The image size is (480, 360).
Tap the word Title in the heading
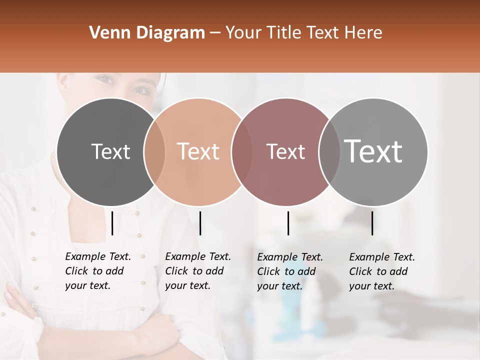click(283, 33)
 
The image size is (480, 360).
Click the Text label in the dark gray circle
click(111, 151)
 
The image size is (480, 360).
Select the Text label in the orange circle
click(198, 151)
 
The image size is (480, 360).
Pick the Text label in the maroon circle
click(285, 151)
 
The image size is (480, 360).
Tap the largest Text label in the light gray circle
click(373, 151)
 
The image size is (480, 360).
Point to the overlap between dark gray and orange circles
click(154, 151)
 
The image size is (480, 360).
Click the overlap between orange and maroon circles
click(241, 151)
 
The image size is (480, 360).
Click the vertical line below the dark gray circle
click(112, 223)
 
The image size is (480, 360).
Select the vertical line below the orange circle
click(200, 223)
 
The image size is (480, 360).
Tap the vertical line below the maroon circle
click(288, 223)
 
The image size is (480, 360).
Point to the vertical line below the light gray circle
click(372, 223)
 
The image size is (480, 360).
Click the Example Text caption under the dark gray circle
click(98, 271)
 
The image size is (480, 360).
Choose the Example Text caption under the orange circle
click(198, 271)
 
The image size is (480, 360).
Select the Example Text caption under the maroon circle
click(290, 271)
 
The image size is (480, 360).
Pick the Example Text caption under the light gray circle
click(382, 271)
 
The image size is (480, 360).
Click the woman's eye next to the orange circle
click(141, 90)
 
